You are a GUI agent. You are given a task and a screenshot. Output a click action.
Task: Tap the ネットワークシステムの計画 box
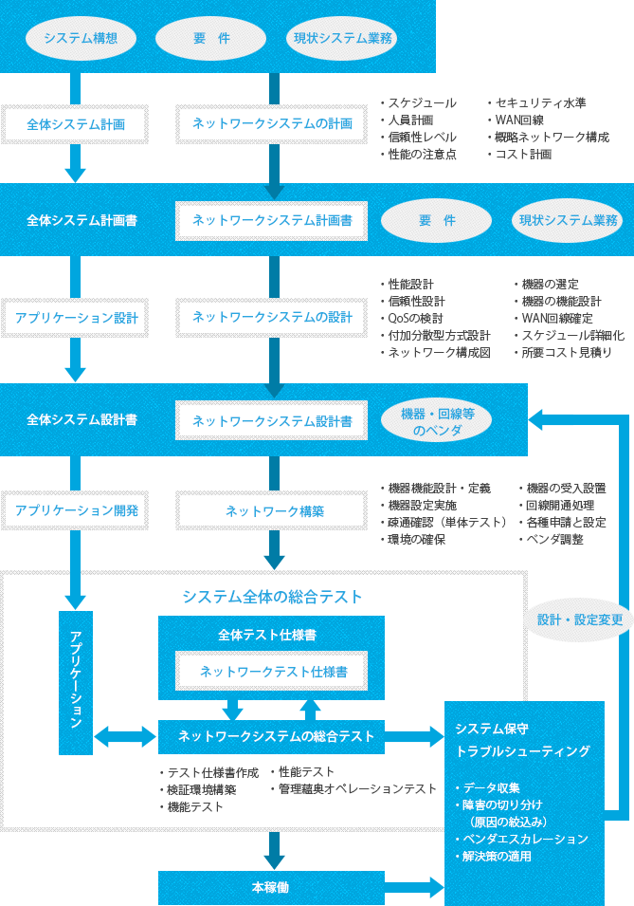(x=272, y=124)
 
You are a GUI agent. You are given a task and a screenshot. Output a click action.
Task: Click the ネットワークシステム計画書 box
(x=272, y=220)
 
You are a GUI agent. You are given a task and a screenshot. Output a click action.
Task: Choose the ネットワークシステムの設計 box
(x=272, y=317)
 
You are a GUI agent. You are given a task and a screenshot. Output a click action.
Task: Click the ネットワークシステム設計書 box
(x=272, y=420)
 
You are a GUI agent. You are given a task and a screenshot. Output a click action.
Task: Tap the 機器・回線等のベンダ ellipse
(x=439, y=420)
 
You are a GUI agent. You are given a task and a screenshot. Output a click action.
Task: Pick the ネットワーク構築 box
(x=274, y=510)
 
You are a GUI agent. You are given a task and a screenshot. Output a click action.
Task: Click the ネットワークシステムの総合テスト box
(x=276, y=735)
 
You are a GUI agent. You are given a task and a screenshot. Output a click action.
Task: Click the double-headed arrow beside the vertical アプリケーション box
(x=125, y=735)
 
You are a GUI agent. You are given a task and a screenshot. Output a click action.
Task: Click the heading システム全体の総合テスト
(x=272, y=597)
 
